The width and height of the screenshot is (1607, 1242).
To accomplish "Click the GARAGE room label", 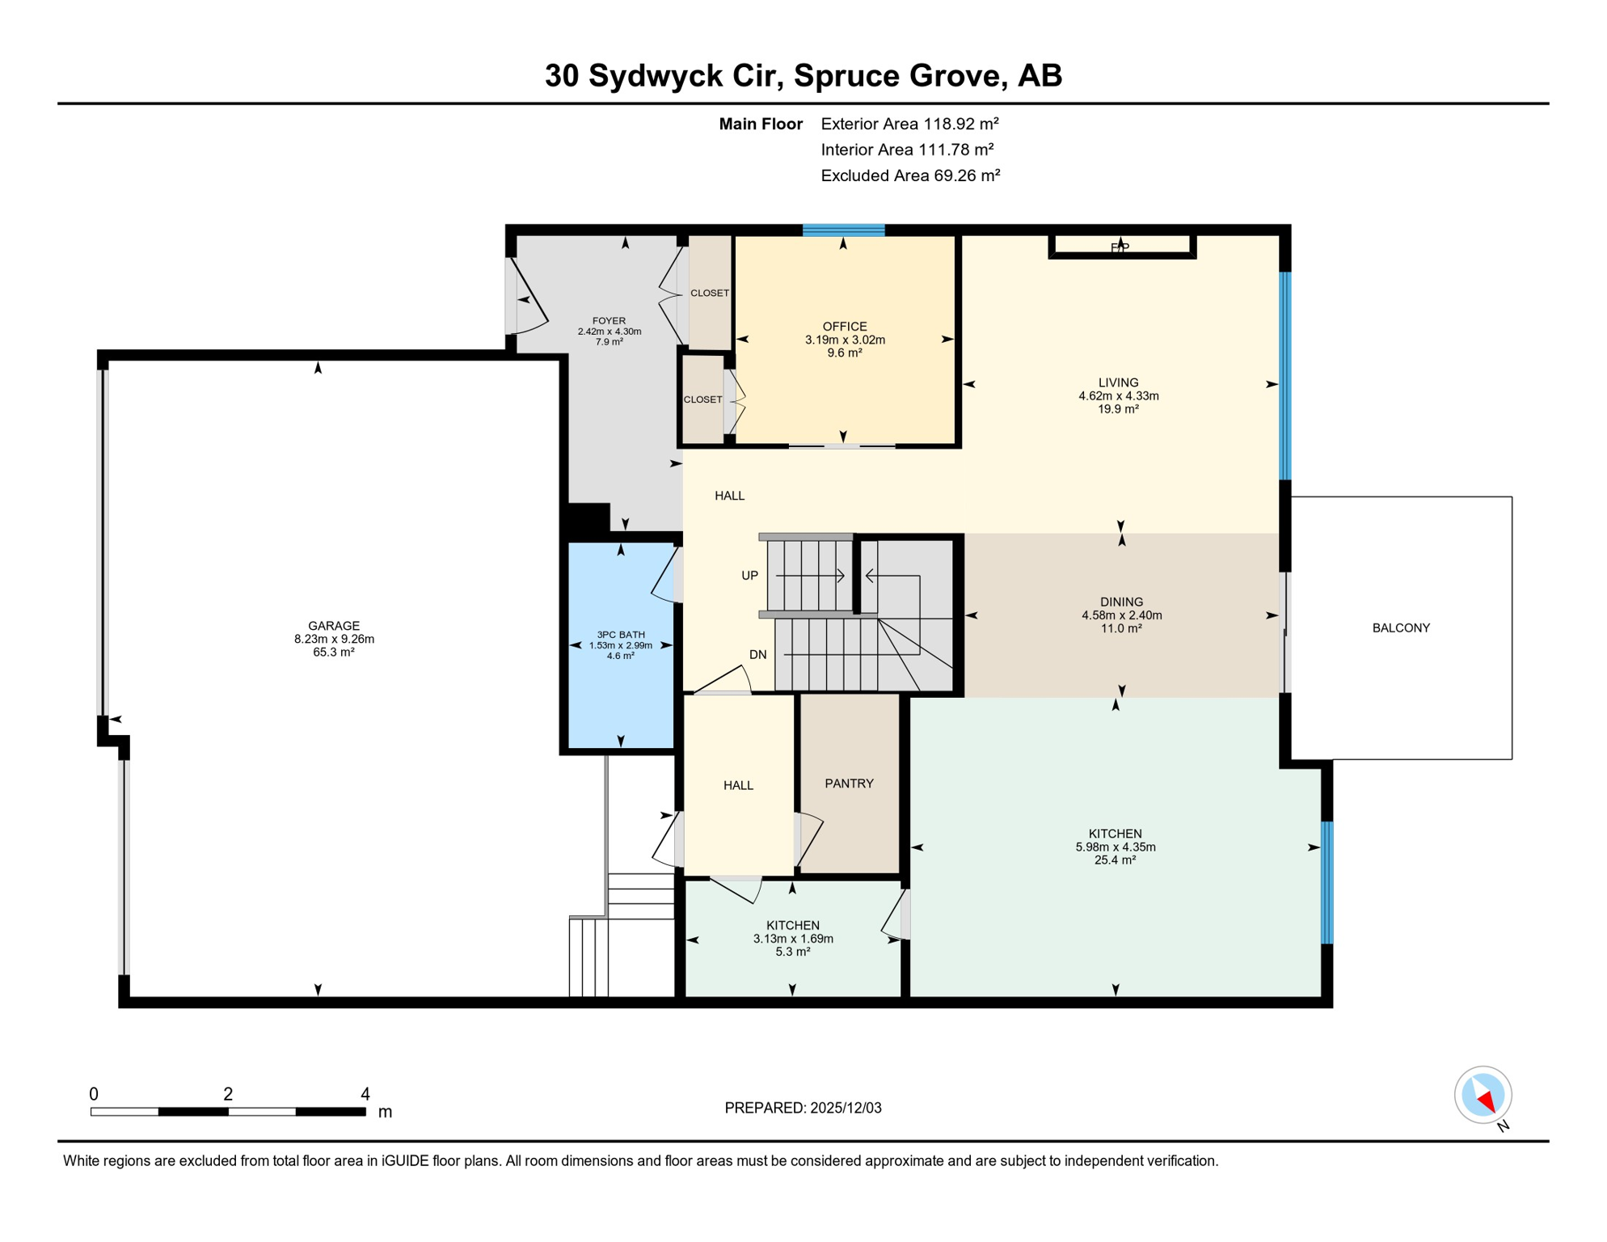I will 334,626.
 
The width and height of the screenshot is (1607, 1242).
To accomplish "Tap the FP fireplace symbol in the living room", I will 1120,247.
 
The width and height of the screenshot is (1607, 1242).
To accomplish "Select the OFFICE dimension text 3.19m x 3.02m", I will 845,340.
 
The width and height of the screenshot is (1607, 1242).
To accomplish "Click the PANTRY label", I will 849,784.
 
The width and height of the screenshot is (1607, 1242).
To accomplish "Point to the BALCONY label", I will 1401,627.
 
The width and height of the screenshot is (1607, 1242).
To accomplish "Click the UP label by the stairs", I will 749,576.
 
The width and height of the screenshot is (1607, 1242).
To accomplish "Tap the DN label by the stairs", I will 757,655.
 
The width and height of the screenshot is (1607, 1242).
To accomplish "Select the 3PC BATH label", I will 621,635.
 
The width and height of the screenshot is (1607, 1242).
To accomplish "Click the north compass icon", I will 1483,1095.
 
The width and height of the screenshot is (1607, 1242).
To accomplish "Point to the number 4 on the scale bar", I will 365,1094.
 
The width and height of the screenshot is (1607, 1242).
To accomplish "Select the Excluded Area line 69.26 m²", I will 910,175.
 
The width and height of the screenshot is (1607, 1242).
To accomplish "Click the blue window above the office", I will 843,230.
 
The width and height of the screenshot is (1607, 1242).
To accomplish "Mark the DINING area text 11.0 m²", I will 1121,628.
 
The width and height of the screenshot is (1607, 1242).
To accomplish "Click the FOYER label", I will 609,321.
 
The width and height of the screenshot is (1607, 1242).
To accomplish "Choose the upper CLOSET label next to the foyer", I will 710,293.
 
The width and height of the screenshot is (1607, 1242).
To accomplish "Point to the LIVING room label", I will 1118,382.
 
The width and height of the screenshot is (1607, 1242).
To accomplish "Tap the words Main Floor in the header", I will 761,124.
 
